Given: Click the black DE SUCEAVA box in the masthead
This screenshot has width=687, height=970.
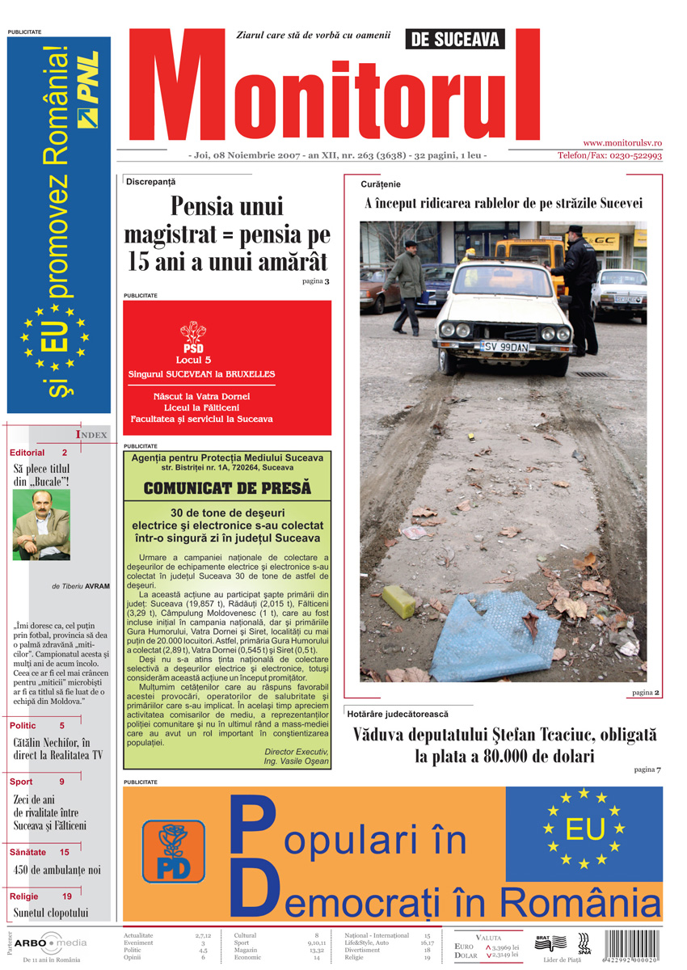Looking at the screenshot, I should (x=454, y=38).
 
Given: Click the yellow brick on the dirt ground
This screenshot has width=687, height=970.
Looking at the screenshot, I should (x=398, y=601).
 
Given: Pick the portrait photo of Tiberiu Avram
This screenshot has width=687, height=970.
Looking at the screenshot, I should (x=41, y=525).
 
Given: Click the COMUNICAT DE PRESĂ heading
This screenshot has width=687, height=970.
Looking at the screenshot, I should (x=227, y=487).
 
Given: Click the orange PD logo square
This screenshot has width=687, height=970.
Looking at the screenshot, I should (x=173, y=851).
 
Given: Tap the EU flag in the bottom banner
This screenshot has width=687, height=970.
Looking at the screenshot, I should (x=584, y=828).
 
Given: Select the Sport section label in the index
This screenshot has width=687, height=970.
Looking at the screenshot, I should (x=22, y=782).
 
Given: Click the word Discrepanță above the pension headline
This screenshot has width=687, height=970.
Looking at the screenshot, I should (x=150, y=182).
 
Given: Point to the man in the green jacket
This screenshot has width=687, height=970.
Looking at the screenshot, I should (x=406, y=279).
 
